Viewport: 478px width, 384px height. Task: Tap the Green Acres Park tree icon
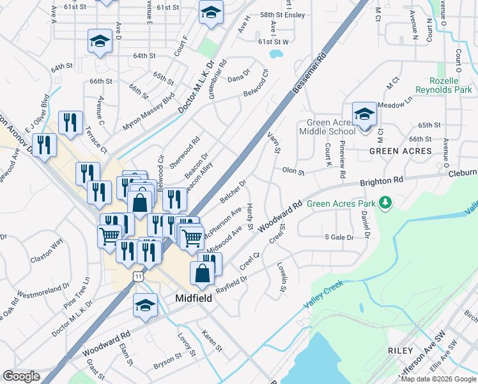point(385,203)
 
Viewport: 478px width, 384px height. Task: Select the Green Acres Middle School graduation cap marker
point(364,115)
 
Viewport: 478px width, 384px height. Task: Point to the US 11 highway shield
point(138,274)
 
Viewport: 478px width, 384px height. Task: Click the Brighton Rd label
point(382,181)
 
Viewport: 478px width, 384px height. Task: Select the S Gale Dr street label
point(339,237)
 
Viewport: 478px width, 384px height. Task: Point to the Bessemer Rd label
point(309,74)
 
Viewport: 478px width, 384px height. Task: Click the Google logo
point(21,376)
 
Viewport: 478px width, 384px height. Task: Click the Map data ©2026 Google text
point(438,379)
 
